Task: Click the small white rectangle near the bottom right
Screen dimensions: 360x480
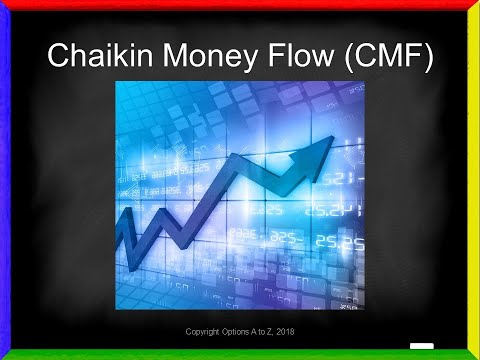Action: (421, 347)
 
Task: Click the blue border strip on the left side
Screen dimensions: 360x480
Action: (5, 180)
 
